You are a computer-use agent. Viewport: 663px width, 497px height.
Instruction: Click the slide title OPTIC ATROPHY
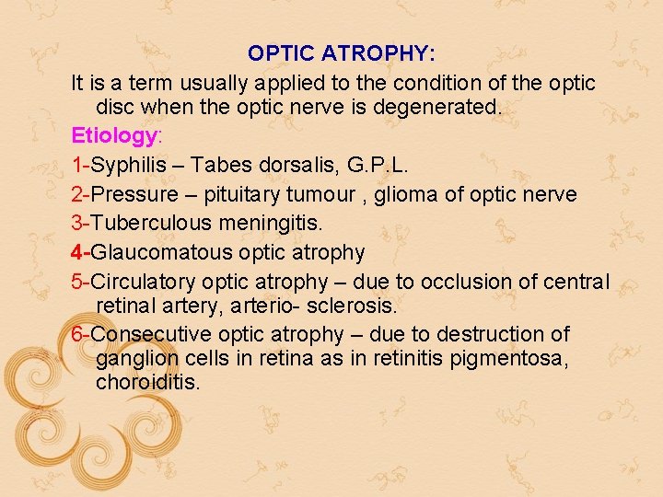pos(342,53)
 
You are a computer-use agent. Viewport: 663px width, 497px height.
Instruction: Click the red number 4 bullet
pos(77,251)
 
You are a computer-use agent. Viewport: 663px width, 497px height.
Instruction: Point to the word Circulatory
pos(143,281)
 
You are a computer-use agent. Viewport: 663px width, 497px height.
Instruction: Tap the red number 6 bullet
pos(77,334)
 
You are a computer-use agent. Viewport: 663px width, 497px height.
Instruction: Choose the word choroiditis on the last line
pos(147,382)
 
